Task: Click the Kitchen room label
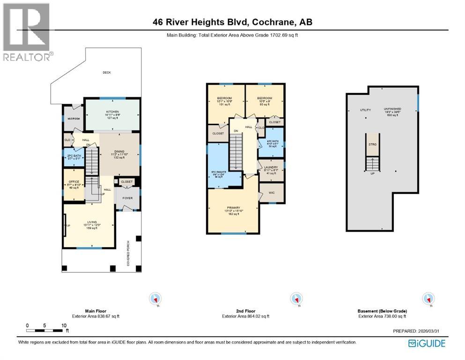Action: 112,112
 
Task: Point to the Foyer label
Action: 127,198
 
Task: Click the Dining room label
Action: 119,151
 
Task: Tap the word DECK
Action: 107,72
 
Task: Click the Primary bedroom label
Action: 233,208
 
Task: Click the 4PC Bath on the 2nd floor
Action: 271,142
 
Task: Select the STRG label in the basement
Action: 372,144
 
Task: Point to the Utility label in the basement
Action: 365,110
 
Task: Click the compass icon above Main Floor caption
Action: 155,298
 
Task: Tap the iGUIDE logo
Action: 427,343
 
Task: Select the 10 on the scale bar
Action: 63,325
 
